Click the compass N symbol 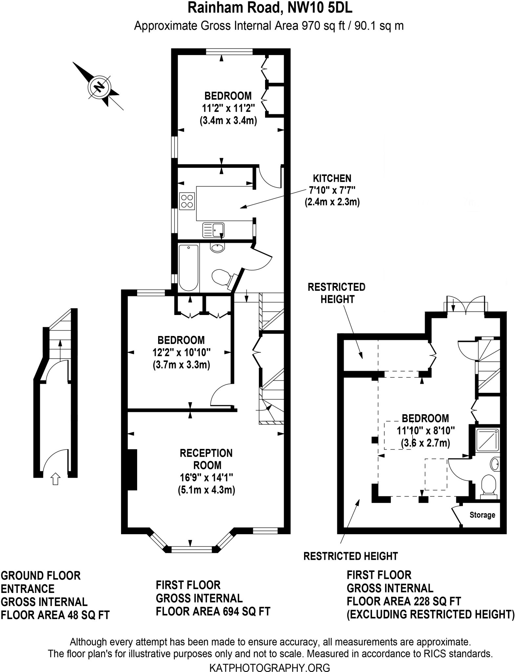pos(98,87)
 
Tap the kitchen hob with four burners pos(187,201)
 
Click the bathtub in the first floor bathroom pos(189,267)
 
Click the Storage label pos(482,515)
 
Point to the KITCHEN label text pos(332,178)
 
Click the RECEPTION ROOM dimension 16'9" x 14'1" pos(206,477)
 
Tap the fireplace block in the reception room pos(132,470)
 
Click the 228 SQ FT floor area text pos(432,601)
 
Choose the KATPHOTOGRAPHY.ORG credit pos(269,667)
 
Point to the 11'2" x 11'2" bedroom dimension pos(228,108)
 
